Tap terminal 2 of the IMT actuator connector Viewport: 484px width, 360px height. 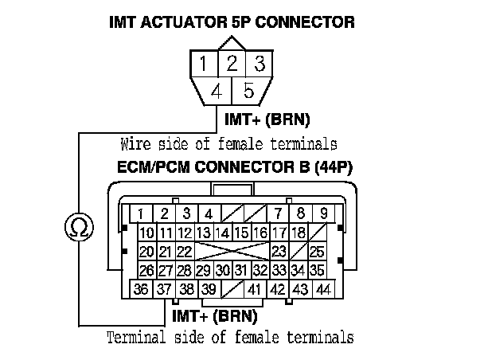coord(231,62)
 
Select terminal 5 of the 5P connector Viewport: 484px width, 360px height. coord(248,91)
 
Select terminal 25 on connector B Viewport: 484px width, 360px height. coord(317,252)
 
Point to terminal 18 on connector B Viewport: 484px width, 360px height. coord(299,233)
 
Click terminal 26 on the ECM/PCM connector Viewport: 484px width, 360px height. coord(146,271)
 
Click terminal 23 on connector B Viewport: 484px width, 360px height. coord(279,252)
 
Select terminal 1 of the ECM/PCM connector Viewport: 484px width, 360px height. coord(140,213)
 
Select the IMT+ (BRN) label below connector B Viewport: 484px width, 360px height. coord(216,316)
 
